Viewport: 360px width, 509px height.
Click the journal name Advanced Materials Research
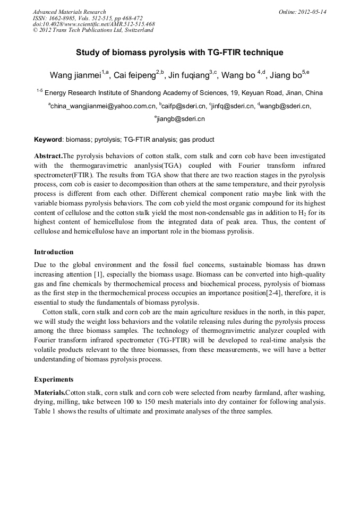click(69, 12)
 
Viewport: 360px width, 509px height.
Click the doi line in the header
click(93, 24)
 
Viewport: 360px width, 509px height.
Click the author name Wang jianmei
click(75, 75)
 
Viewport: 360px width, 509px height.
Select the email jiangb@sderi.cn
click(181, 119)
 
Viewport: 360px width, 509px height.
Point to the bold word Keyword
click(48, 140)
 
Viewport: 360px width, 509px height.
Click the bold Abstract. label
click(48, 156)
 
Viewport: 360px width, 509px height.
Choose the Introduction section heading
click(54, 252)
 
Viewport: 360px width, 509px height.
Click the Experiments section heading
click(54, 379)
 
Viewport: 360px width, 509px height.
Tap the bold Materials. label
click(50, 392)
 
